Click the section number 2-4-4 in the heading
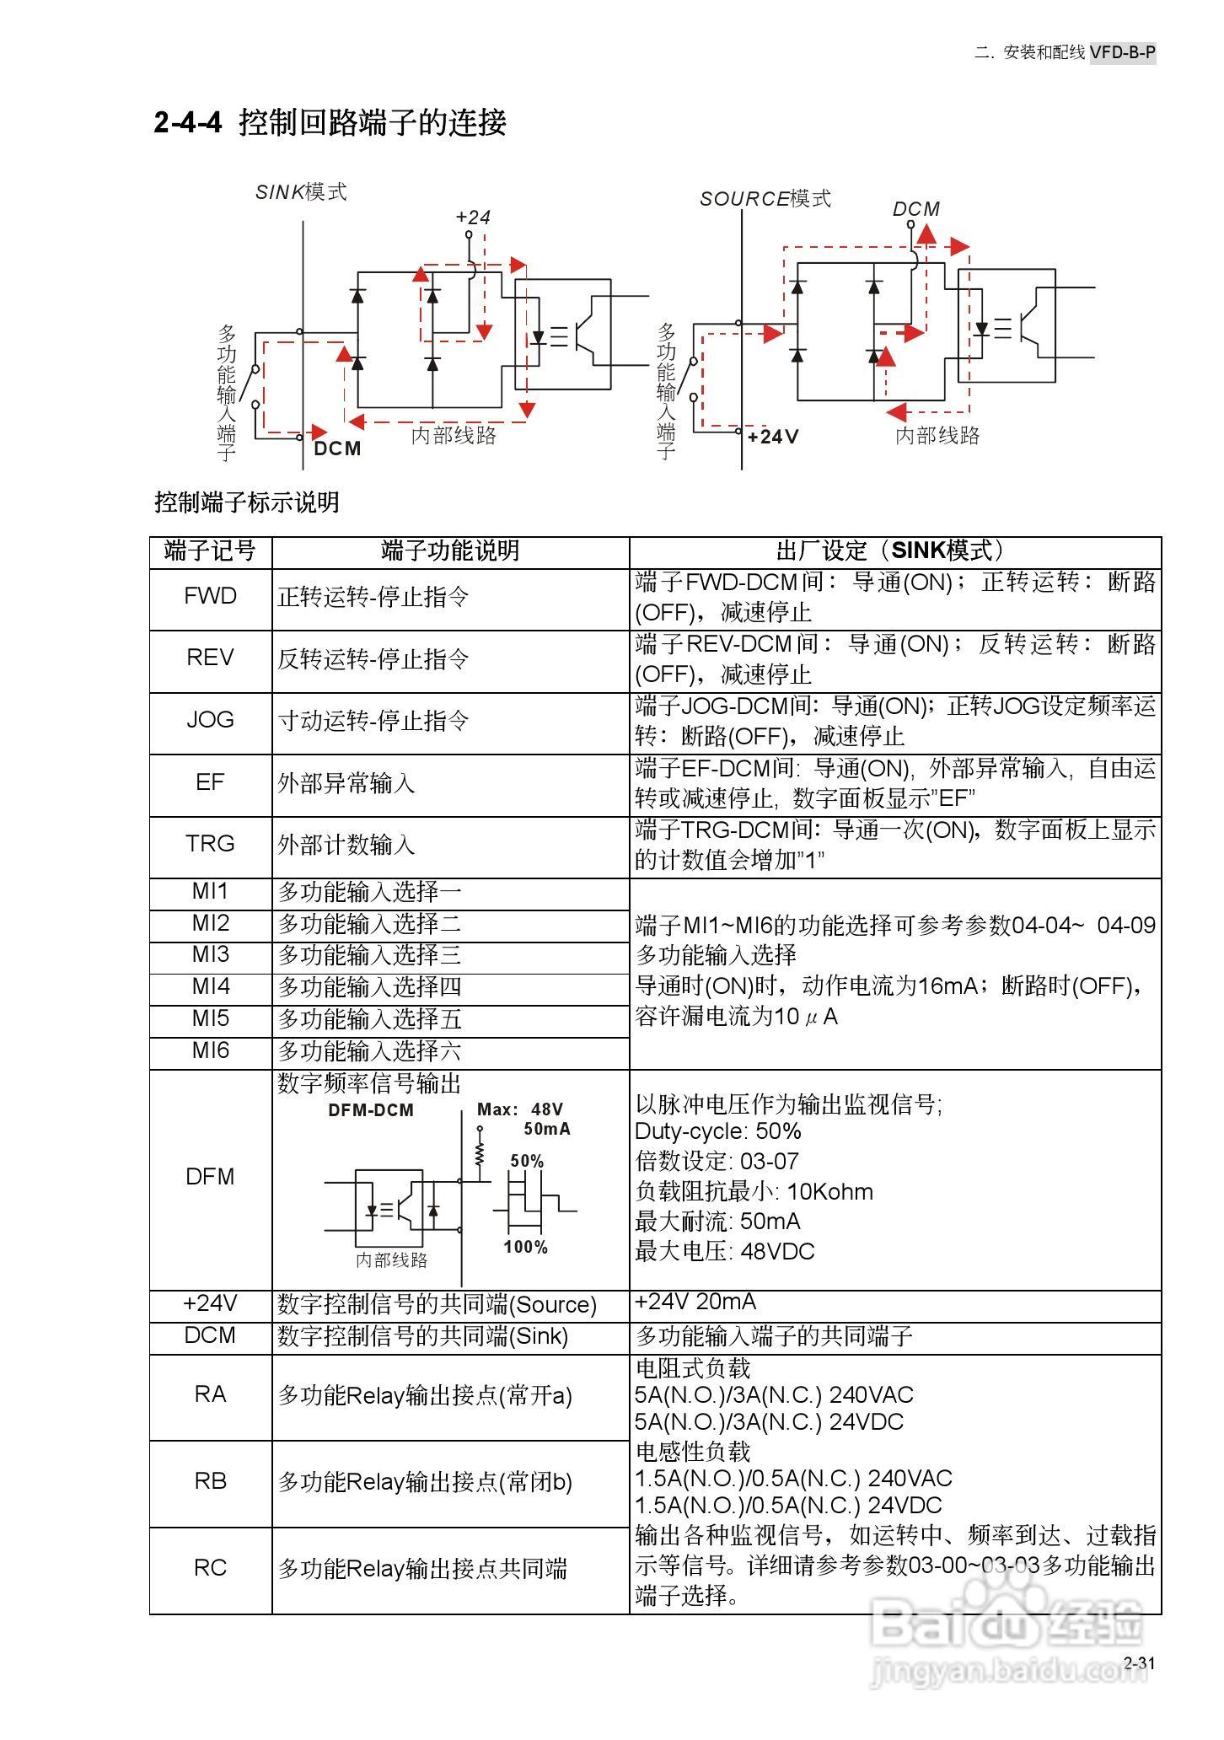(x=187, y=123)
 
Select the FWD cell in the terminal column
(x=210, y=597)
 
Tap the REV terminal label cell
(x=210, y=658)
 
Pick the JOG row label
(x=210, y=720)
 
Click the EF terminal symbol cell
(x=210, y=782)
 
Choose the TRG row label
(x=210, y=844)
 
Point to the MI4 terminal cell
(x=210, y=986)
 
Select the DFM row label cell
(x=210, y=1177)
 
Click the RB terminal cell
(x=210, y=1481)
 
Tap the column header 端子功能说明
(x=450, y=551)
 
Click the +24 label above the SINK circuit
(x=473, y=217)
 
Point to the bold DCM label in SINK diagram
(x=337, y=448)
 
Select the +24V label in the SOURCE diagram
(x=772, y=437)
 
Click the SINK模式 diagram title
(x=301, y=192)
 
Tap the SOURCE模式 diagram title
(x=765, y=199)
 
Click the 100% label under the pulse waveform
(x=526, y=1248)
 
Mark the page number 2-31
(x=1139, y=1663)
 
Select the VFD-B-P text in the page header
(x=1122, y=52)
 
